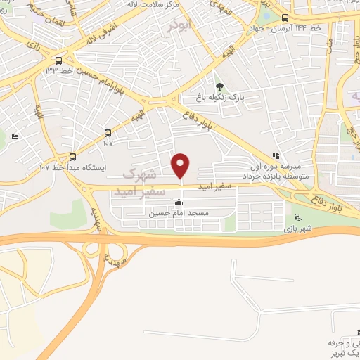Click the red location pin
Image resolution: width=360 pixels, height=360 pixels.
pos(181,165)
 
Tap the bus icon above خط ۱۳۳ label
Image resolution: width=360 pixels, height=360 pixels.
pos(58,60)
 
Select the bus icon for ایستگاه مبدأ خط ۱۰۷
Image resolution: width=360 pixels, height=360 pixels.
pos(72,156)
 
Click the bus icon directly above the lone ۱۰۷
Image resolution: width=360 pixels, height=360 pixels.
pos(108,132)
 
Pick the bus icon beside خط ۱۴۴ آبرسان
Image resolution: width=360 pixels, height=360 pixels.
pos(285,18)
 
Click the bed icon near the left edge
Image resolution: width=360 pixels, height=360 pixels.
pos(15,137)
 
